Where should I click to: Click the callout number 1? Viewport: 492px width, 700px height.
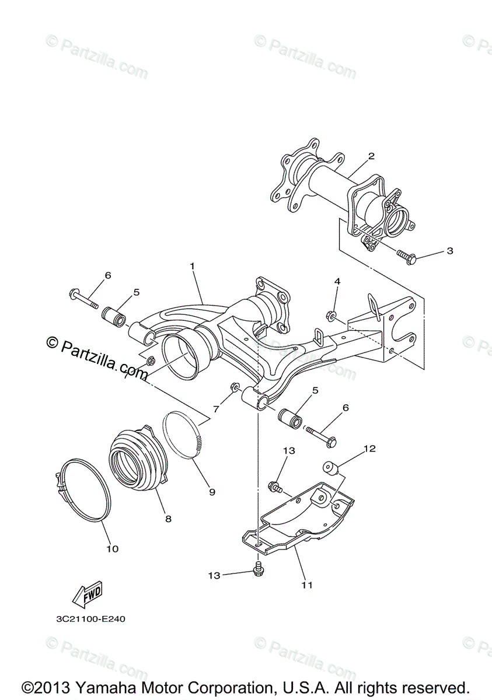192,265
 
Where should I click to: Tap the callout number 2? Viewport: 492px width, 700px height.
371,156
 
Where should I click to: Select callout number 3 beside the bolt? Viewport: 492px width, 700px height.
449,251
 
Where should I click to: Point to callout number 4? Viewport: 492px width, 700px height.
337,282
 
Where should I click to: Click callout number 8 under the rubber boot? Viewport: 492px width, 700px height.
168,518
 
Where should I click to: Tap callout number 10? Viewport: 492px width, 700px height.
112,548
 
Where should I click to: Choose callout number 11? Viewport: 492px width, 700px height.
307,584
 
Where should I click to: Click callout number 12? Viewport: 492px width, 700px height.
369,449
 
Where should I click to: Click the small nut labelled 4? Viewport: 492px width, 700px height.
330,317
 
